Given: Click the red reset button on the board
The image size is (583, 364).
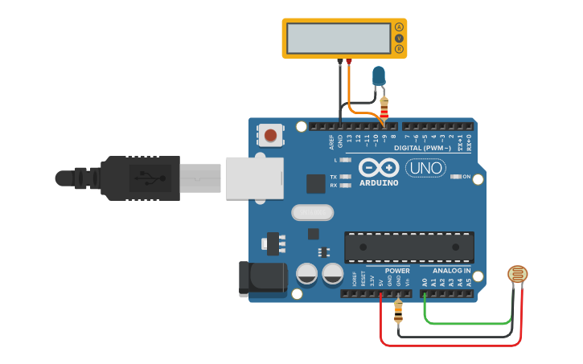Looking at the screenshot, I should click(x=271, y=135).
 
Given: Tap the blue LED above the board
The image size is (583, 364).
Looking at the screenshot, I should click(x=378, y=76).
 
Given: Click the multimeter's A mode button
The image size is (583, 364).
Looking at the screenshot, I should click(x=399, y=27).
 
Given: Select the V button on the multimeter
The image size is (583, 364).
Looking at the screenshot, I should click(x=399, y=38).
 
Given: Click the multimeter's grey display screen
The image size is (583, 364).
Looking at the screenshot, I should click(x=339, y=38).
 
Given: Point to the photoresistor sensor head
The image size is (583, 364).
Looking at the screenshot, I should click(x=519, y=276).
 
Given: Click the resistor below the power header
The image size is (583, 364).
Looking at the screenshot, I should click(x=398, y=309).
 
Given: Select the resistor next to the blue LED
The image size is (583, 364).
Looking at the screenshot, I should click(x=384, y=106).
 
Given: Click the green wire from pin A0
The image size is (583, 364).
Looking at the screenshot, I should click(x=466, y=324).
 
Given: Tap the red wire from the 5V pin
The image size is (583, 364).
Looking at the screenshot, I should click(x=450, y=345).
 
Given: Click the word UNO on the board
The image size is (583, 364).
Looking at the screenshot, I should click(x=425, y=169).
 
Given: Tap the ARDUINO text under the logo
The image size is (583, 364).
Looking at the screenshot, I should click(x=379, y=183).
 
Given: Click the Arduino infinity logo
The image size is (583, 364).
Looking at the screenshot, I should click(x=379, y=168).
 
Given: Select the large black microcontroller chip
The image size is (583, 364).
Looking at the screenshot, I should click(x=409, y=247).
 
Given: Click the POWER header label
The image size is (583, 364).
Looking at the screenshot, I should click(x=397, y=271).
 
